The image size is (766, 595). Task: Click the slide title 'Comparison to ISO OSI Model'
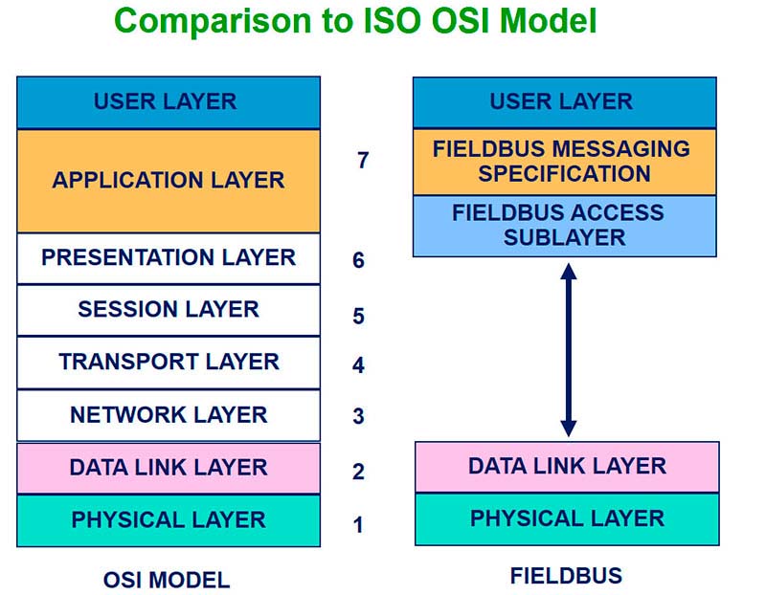pyautogui.click(x=355, y=21)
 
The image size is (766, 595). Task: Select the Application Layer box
pyautogui.click(x=169, y=181)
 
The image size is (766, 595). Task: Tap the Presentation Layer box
pyautogui.click(x=169, y=258)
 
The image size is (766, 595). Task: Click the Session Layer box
pyautogui.click(x=169, y=310)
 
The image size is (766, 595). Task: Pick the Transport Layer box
pyautogui.click(x=169, y=363)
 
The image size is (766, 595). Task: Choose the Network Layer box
pyautogui.click(x=169, y=415)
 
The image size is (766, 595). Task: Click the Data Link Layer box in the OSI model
pyautogui.click(x=169, y=468)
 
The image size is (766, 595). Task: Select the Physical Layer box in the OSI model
pyautogui.click(x=169, y=520)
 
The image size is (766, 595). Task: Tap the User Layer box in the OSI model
pyautogui.click(x=169, y=102)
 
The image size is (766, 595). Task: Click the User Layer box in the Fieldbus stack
pyautogui.click(x=565, y=102)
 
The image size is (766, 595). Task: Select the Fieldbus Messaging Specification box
pyautogui.click(x=565, y=162)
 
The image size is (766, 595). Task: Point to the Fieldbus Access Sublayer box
pyautogui.click(x=565, y=226)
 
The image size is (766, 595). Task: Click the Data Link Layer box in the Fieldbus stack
pyautogui.click(x=567, y=467)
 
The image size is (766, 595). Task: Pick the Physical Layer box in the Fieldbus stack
pyautogui.click(x=567, y=518)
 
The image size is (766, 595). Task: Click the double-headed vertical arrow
pyautogui.click(x=569, y=350)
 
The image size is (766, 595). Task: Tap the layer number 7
pyautogui.click(x=363, y=161)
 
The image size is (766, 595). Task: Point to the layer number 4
pyautogui.click(x=358, y=365)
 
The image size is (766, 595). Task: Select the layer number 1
pyautogui.click(x=358, y=525)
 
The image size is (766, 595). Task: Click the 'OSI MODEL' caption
pyautogui.click(x=167, y=581)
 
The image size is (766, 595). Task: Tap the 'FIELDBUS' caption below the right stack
pyautogui.click(x=566, y=576)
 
